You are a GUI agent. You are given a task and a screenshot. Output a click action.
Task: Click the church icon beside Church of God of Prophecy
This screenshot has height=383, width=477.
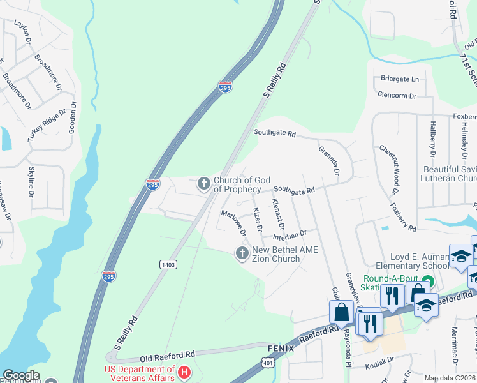(x=204, y=184)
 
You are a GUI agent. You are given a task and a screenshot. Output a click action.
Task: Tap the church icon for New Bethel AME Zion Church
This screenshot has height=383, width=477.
(x=242, y=254)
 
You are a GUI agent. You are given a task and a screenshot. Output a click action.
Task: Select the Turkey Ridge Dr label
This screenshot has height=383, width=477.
(x=47, y=125)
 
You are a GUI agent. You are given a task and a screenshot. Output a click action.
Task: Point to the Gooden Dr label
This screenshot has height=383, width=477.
(x=73, y=115)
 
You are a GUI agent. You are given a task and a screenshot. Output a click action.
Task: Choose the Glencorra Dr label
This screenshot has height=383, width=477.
(x=396, y=95)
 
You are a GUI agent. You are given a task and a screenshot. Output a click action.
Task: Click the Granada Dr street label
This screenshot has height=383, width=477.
(x=330, y=160)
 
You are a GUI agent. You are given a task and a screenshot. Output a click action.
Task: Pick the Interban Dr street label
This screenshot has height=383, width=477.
(x=293, y=235)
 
